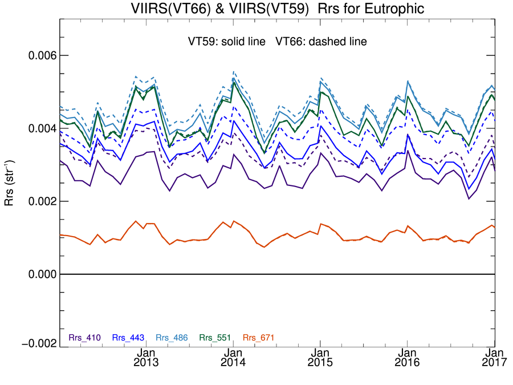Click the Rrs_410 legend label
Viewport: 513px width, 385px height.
(x=84, y=338)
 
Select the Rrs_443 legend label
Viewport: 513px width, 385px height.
(x=128, y=338)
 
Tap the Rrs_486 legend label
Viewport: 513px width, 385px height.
(x=172, y=338)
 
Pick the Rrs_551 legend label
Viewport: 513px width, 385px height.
(x=215, y=338)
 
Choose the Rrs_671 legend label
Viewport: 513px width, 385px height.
(x=258, y=338)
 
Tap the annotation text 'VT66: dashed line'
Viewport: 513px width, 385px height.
(x=321, y=42)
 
